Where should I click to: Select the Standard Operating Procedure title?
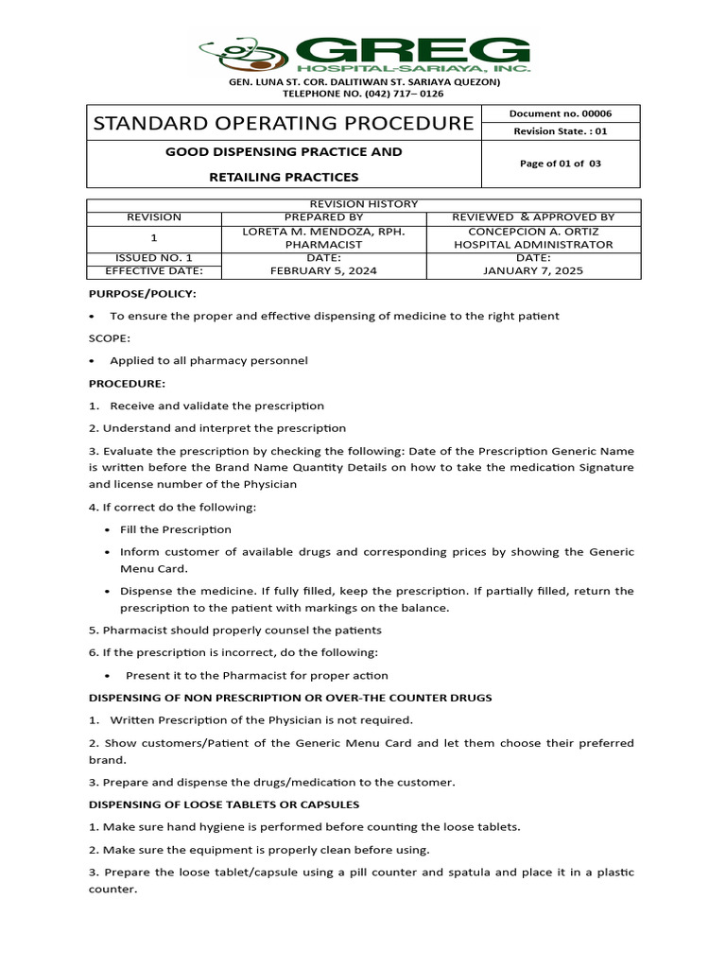tap(283, 123)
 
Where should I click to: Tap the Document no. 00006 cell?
tap(561, 113)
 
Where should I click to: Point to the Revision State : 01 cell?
tap(561, 131)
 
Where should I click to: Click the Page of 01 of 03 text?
tap(561, 164)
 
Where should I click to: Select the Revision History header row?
tap(364, 204)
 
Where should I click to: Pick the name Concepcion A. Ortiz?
tap(533, 231)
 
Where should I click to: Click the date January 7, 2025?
tap(533, 270)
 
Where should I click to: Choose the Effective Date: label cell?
tap(153, 270)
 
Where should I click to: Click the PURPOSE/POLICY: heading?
tap(143, 294)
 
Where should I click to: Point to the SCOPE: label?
tap(110, 338)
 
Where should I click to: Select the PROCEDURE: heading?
tap(127, 384)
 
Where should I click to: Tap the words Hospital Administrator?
tap(533, 244)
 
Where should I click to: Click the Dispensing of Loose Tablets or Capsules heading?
tap(224, 804)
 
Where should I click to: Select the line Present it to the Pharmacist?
tap(257, 675)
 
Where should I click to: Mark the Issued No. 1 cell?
tap(153, 257)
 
